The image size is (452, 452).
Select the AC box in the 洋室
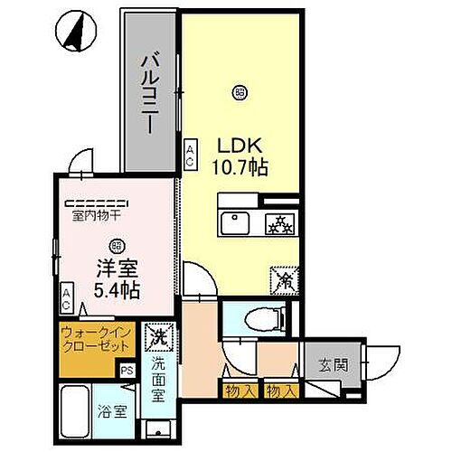coord(68,295)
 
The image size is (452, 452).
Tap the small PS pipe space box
coord(127,368)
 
